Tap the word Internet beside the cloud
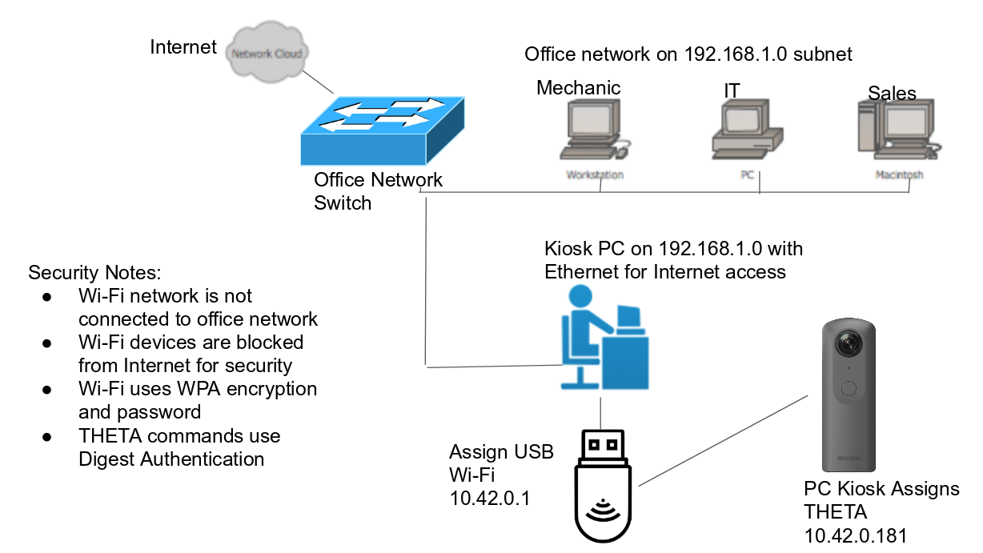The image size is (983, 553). coord(183,47)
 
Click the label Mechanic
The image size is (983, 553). coord(578,87)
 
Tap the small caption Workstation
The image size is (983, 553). coord(595,174)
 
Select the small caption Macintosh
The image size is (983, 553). coord(899,174)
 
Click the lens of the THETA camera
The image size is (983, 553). coord(849,343)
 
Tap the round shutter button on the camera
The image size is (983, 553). coord(849,388)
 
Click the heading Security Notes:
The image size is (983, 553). coord(95,272)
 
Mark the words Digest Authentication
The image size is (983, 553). coord(171,459)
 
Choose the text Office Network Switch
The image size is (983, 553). coord(378,190)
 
